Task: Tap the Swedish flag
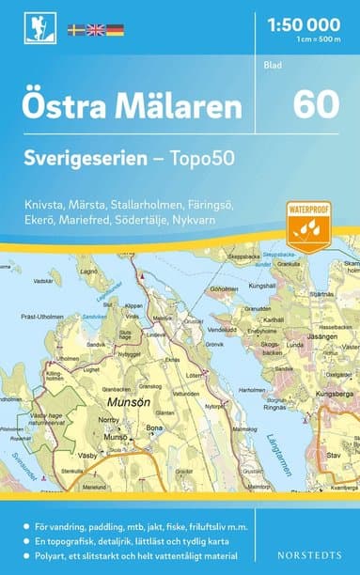coord(77,31)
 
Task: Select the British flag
coord(96,31)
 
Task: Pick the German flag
coord(115,31)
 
